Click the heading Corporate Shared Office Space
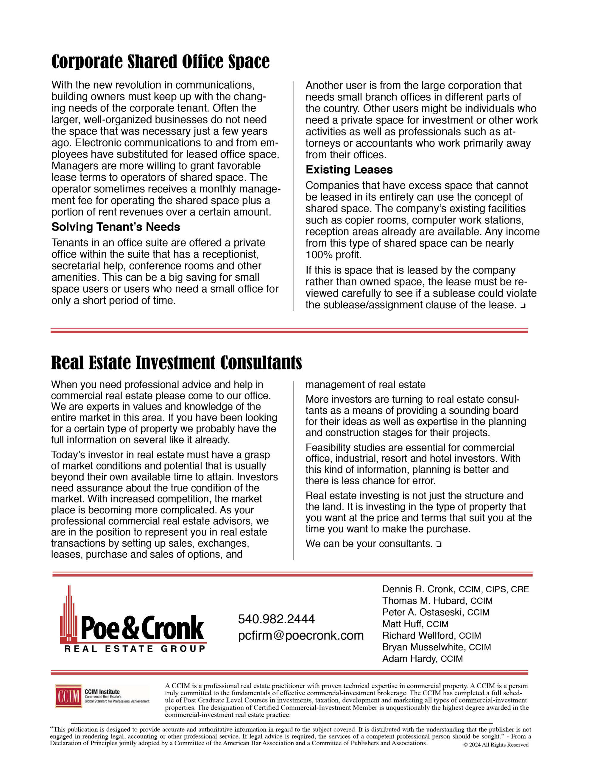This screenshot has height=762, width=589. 160,62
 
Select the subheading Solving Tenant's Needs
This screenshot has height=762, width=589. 116,227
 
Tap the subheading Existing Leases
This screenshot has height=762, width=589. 349,170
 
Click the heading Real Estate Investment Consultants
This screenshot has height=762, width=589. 176,363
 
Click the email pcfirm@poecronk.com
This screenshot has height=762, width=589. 301,635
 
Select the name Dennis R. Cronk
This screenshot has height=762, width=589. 418,589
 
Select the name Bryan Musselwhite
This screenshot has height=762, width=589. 424,647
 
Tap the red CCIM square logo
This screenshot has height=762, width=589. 68,696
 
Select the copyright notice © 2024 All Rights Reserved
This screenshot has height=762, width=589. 496,744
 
